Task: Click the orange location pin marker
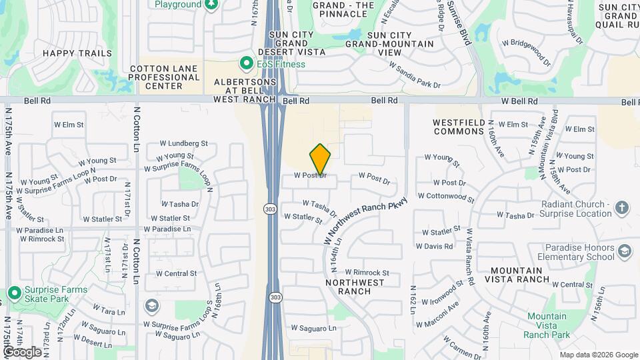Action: click(x=320, y=159)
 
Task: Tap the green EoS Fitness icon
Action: click(x=247, y=64)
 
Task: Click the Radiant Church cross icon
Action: click(x=621, y=207)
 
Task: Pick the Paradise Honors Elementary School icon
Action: click(x=624, y=251)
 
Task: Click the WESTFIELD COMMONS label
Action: click(x=458, y=127)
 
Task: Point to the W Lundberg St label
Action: click(x=184, y=143)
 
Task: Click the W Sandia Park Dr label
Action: click(x=415, y=75)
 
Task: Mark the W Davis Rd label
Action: click(x=434, y=246)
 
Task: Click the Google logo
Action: click(x=22, y=351)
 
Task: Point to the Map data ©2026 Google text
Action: click(x=598, y=355)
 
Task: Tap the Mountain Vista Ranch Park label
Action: click(x=547, y=325)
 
